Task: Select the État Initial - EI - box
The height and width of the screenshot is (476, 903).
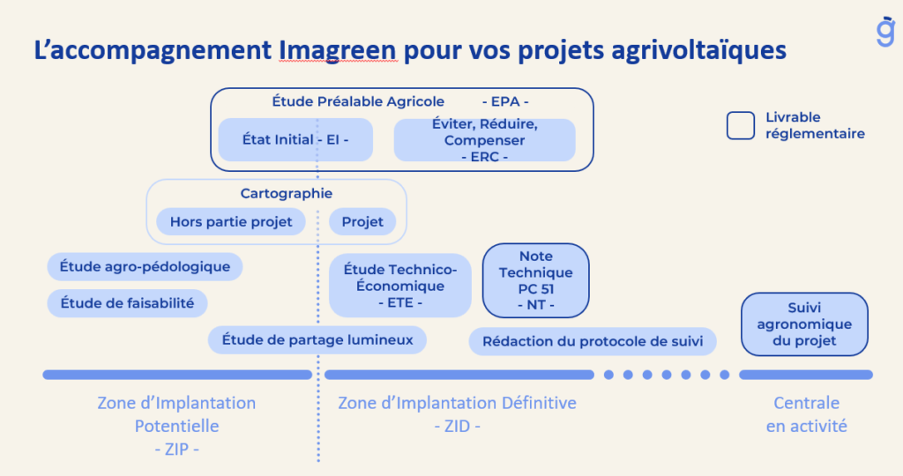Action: [295, 139]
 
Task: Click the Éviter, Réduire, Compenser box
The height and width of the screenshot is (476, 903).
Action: [484, 140]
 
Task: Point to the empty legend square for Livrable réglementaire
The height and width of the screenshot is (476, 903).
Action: [740, 125]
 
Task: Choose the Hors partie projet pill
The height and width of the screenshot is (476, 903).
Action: [231, 221]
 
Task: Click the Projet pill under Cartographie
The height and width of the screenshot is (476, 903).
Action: [362, 221]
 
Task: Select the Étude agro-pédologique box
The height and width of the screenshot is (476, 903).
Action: [145, 266]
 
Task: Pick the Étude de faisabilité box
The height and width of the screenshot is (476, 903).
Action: [127, 303]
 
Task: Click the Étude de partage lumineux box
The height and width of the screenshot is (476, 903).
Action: [317, 339]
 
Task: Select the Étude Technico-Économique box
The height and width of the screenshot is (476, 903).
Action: [399, 286]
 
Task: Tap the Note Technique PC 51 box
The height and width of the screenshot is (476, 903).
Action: [535, 280]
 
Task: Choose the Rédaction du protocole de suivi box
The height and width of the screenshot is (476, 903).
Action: [592, 341]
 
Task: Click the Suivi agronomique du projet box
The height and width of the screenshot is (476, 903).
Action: [804, 324]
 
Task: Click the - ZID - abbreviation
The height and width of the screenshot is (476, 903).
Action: [457, 426]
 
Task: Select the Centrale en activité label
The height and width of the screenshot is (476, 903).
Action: [806, 414]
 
